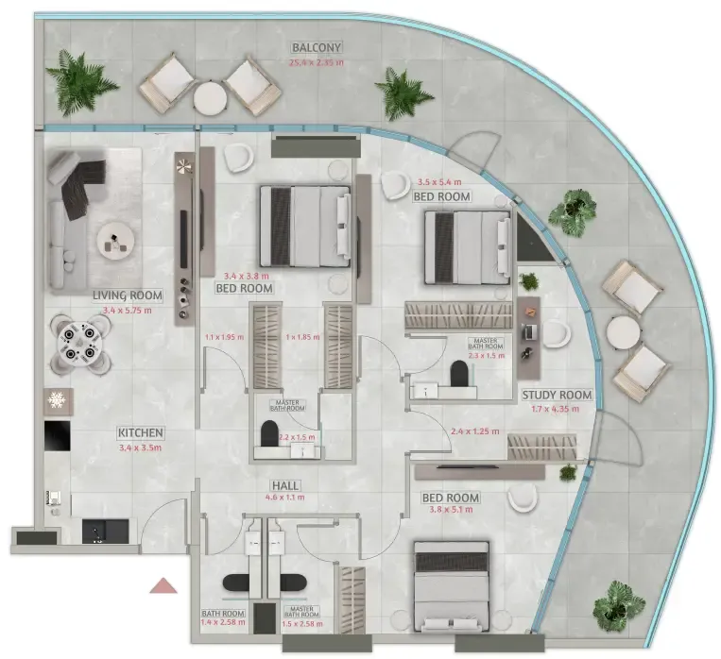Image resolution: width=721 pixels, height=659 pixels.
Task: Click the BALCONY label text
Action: pos(317,47)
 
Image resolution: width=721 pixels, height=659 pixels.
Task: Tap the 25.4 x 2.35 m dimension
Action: pos(317,63)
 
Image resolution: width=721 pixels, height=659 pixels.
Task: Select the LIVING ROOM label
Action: pos(128,296)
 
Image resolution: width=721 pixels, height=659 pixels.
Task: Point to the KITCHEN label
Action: pos(141,433)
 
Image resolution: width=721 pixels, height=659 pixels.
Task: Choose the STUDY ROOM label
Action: pos(557,396)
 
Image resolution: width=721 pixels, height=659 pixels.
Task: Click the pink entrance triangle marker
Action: pos(164,585)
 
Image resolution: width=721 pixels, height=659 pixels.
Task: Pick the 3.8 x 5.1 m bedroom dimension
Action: pos(449,514)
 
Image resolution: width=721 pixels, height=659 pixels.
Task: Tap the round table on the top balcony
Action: pos(210,96)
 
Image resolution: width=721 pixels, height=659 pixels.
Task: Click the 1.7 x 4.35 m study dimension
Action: pos(557,409)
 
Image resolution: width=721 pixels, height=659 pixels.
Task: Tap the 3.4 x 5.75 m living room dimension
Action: pos(128,309)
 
